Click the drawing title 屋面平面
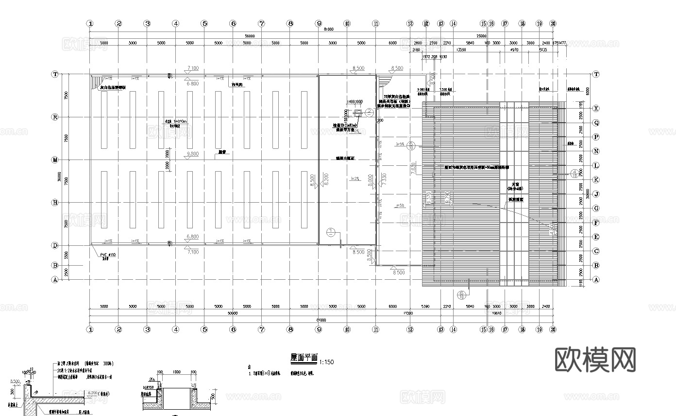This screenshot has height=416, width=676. click(304, 357)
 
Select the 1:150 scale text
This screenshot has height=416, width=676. click(327, 362)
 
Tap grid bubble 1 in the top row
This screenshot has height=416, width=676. click(90, 23)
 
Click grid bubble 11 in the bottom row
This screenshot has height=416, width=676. click(375, 329)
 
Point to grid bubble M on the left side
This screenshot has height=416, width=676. click(55, 160)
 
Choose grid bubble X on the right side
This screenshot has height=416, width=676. click(596, 109)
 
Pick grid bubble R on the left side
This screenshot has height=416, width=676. click(55, 117)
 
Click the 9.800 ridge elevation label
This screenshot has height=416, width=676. click(193, 154)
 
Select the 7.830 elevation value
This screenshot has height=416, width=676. click(413, 168)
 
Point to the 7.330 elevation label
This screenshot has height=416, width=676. click(384, 178)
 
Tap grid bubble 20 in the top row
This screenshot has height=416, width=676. click(553, 23)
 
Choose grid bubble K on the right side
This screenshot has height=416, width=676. click(596, 180)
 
